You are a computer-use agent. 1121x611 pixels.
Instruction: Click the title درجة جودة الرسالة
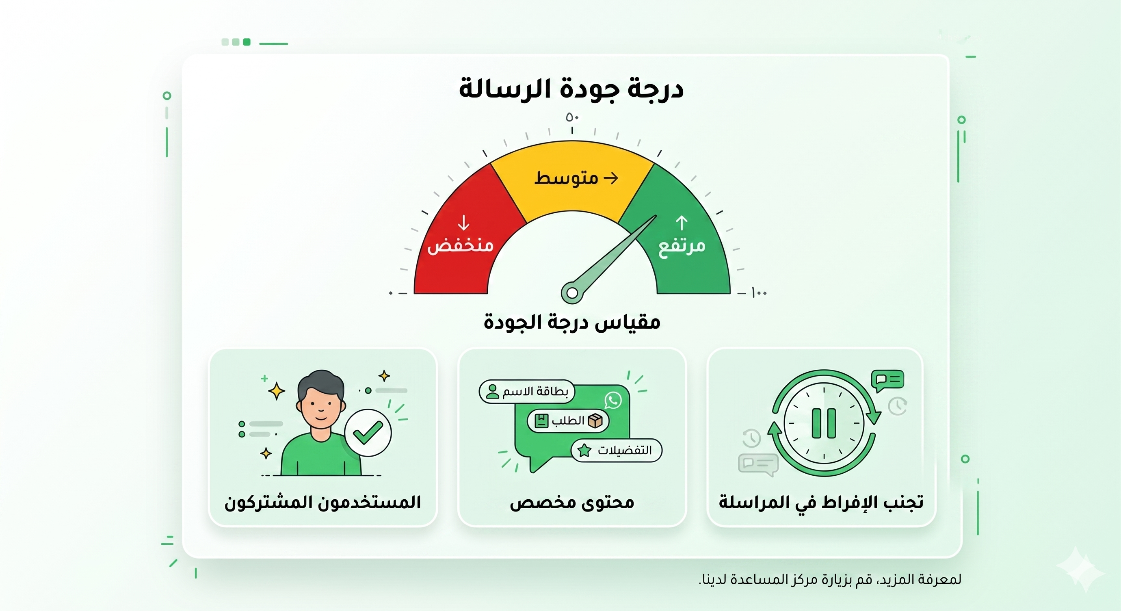[571, 89]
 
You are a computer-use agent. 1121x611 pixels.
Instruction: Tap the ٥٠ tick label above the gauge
[572, 117]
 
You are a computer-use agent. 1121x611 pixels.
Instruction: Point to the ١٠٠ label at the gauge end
[759, 293]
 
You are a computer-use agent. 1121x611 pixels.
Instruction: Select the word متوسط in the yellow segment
[566, 178]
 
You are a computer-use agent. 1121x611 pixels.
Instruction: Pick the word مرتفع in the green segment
[682, 246]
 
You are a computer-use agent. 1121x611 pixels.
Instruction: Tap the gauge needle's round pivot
[572, 293]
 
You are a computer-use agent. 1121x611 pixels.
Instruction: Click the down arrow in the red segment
[464, 222]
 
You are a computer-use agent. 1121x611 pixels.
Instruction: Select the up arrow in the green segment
[682, 223]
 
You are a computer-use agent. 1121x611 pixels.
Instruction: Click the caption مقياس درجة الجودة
[572, 323]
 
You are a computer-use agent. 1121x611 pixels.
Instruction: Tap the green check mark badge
[368, 433]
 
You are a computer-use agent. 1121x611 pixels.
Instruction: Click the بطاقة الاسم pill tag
[526, 392]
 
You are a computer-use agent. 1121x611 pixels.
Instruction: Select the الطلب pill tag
[568, 421]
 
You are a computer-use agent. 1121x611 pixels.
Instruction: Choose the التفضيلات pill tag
[616, 450]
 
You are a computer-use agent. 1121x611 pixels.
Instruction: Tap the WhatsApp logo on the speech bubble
[613, 400]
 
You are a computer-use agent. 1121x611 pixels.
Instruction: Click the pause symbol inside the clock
[824, 423]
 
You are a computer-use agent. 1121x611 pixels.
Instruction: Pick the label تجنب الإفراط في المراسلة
[821, 502]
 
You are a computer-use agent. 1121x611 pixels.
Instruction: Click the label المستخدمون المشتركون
[322, 502]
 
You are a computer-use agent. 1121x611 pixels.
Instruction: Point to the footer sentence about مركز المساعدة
[830, 579]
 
